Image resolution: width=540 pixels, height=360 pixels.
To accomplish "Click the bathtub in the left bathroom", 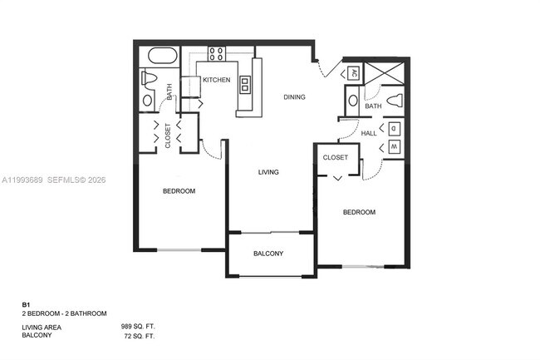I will pyautogui.click(x=161, y=57).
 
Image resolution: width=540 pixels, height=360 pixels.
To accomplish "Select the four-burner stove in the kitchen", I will pyautogui.click(x=216, y=54).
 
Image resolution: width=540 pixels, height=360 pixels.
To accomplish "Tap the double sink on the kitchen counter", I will pyautogui.click(x=246, y=83).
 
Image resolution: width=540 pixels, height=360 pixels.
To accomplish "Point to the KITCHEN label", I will pyautogui.click(x=217, y=80).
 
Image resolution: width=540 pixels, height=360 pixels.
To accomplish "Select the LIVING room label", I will pyautogui.click(x=268, y=172).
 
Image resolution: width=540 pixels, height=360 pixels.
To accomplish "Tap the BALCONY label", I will pyautogui.click(x=268, y=254).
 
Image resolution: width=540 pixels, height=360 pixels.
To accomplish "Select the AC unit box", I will pyautogui.click(x=351, y=73).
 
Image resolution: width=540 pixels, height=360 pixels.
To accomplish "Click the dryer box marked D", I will pyautogui.click(x=394, y=129).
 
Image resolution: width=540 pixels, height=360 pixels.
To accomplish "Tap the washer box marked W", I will pyautogui.click(x=394, y=148).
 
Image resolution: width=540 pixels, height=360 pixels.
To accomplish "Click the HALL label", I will pyautogui.click(x=369, y=132).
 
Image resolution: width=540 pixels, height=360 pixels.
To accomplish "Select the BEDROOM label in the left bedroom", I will pyautogui.click(x=179, y=191).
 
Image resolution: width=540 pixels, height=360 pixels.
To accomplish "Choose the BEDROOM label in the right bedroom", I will pyautogui.click(x=359, y=212).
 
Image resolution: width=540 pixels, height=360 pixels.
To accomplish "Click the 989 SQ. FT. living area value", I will pyautogui.click(x=138, y=328).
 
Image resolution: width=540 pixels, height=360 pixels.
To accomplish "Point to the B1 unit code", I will pyautogui.click(x=26, y=306).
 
